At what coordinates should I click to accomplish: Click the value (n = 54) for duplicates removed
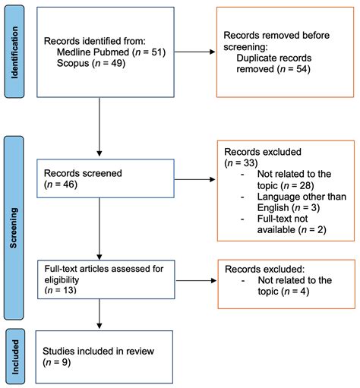pos(288,69)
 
